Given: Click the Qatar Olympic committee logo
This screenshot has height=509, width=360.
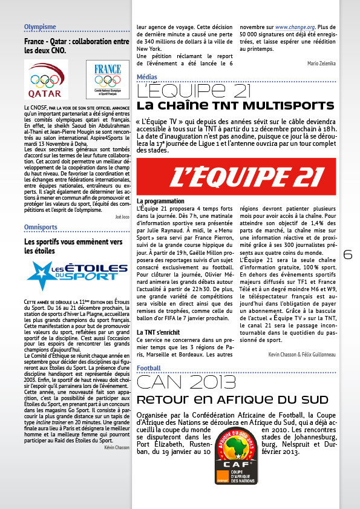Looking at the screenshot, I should (x=46, y=80).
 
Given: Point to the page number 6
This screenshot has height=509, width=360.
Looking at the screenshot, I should (x=347, y=255).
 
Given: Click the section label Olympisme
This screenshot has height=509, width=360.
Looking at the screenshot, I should (x=40, y=27).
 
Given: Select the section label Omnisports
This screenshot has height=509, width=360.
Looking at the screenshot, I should (x=41, y=226).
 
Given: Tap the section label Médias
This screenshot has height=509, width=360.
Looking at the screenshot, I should (x=147, y=77).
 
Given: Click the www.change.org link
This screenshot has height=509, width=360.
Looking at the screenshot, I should (x=295, y=27).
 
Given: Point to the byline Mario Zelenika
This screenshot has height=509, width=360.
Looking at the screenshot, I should (x=321, y=63).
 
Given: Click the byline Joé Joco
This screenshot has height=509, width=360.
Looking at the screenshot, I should (x=122, y=216).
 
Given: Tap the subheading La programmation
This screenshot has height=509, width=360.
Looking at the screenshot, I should (x=160, y=201).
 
